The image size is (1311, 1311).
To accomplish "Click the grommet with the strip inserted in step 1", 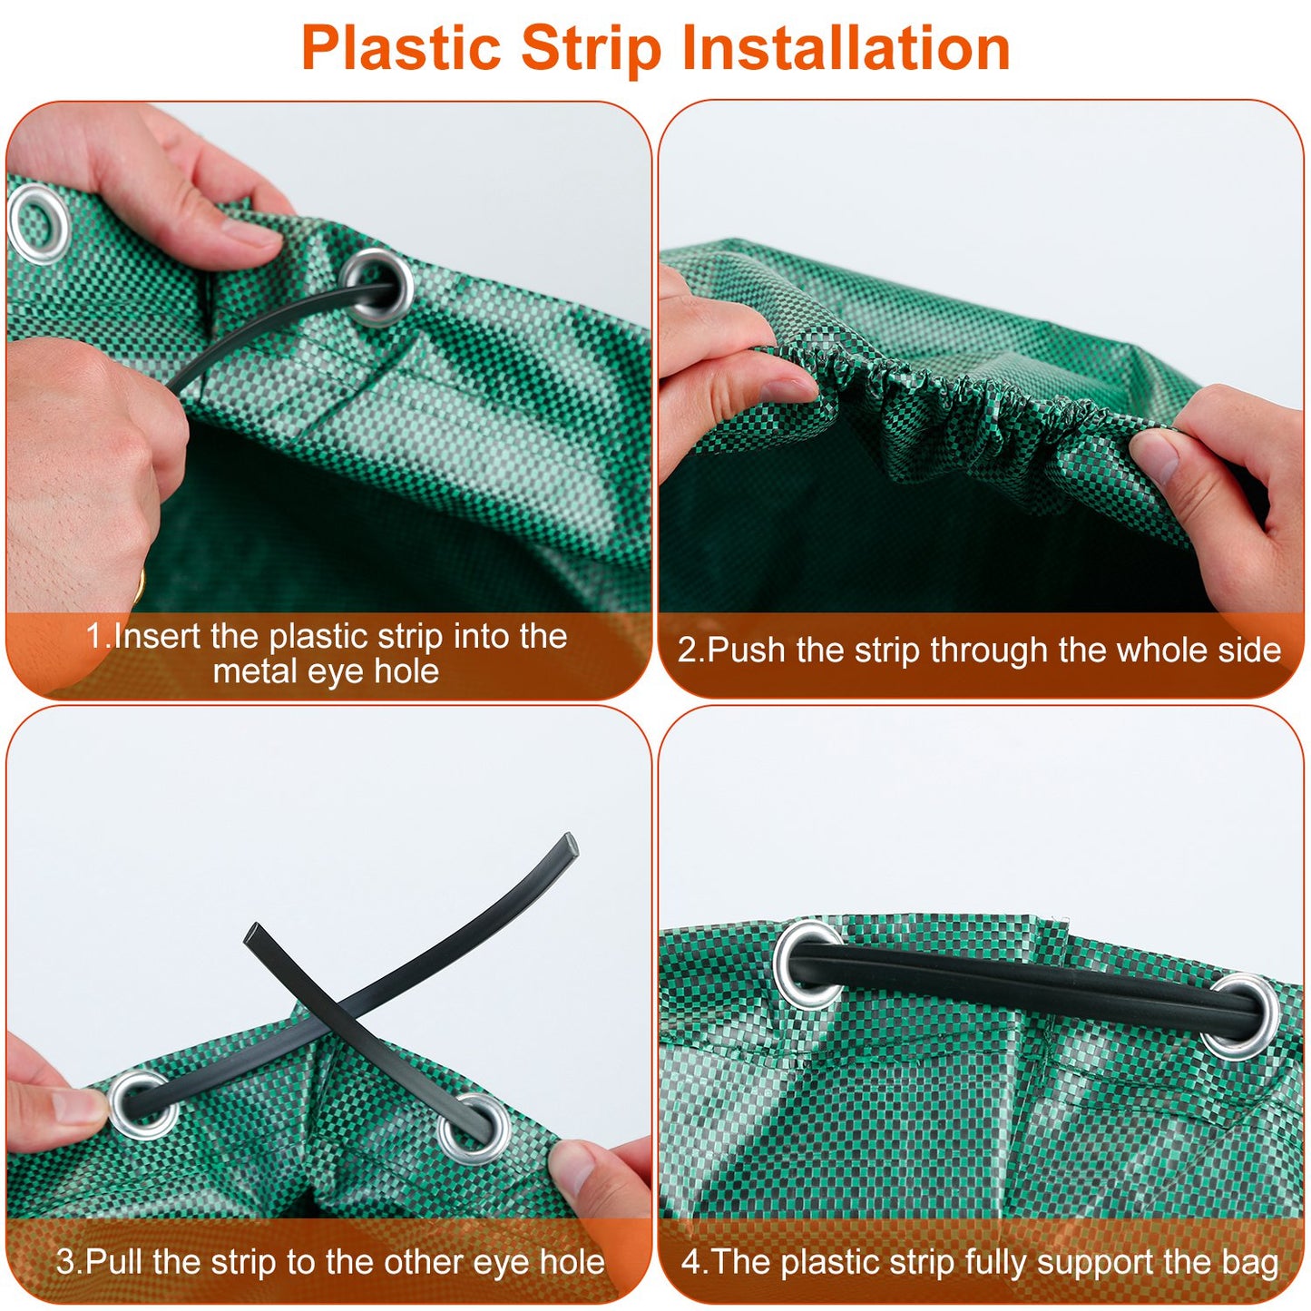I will click(x=378, y=287).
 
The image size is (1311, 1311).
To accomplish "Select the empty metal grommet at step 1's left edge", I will click(x=38, y=223).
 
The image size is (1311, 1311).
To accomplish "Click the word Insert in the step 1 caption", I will click(x=158, y=636).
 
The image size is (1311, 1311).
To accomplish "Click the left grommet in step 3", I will click(x=142, y=1104).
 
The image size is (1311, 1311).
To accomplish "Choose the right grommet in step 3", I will click(x=475, y=1128).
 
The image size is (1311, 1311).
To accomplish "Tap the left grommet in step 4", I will click(x=808, y=964).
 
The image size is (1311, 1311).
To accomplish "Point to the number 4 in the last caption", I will click(x=691, y=1262).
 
